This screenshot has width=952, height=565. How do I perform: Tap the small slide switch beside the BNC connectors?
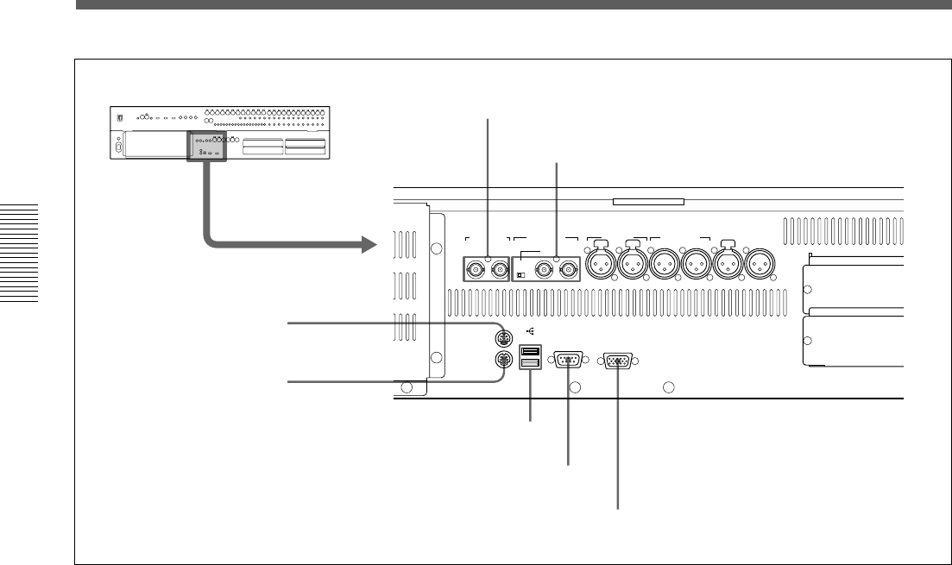point(521,276)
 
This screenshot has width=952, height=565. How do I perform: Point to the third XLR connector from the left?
point(662,265)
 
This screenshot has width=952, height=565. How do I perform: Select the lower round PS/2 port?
point(500,361)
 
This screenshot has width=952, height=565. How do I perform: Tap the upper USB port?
point(531,351)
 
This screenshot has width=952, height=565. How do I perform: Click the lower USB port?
point(531,365)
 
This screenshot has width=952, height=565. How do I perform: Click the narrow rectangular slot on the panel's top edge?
point(647,203)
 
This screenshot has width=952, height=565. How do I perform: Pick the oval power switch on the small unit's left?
point(118,147)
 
